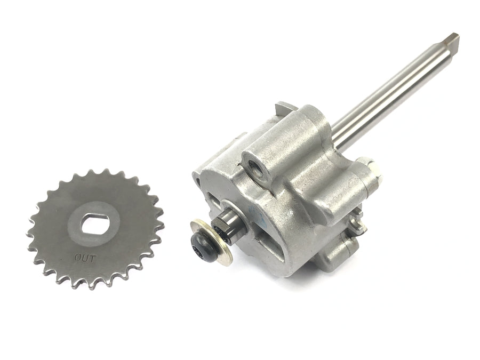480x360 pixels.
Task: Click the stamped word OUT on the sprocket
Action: (85, 258)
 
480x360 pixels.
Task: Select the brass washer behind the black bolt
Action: (211, 241)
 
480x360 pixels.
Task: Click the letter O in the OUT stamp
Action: (78, 258)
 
